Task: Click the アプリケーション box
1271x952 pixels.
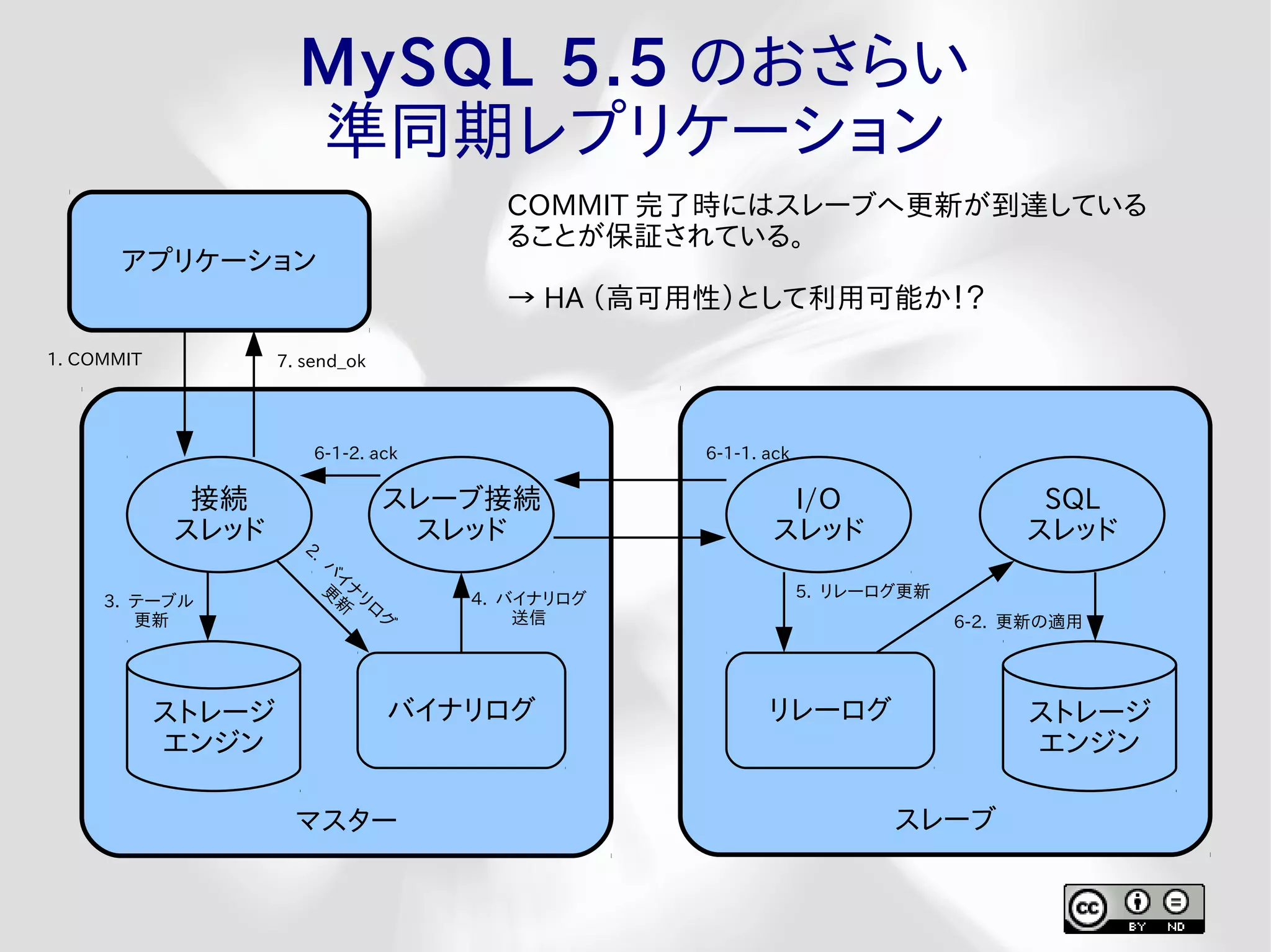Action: (218, 260)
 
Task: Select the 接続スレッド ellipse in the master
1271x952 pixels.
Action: (218, 514)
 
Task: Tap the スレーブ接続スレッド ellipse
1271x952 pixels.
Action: (460, 514)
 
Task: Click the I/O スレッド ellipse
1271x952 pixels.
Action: (818, 514)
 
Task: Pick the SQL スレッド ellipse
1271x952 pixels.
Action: (1072, 514)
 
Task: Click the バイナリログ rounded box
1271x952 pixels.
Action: (460, 710)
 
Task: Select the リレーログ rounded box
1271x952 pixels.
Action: (830, 710)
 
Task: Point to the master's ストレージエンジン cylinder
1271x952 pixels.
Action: (213, 726)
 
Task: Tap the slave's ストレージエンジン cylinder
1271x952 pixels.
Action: (1089, 726)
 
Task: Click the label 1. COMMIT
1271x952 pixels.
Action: (95, 359)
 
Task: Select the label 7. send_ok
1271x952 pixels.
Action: (321, 361)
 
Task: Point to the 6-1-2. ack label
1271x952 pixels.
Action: (355, 453)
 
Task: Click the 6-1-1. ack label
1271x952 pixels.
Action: (747, 453)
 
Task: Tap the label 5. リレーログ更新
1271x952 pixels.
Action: (863, 591)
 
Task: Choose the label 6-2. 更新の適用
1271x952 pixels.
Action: (1018, 621)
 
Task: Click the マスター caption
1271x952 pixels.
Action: (346, 821)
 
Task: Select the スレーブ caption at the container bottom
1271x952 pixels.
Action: (945, 819)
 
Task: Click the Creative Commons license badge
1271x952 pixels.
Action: (1134, 909)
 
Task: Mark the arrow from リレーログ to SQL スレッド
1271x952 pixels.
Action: (943, 608)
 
